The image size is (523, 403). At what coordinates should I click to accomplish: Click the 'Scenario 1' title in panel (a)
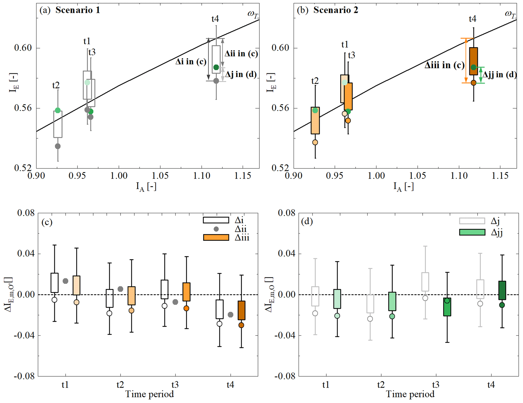[x=78, y=10]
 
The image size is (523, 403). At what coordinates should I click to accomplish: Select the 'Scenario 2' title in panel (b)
[x=336, y=10]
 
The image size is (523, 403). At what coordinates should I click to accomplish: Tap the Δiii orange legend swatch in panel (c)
[x=216, y=238]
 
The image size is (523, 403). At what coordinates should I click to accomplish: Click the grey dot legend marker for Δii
[x=216, y=229]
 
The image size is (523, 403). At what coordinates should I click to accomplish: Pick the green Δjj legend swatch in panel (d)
[x=472, y=232]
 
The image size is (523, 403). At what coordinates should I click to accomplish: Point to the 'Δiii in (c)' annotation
[x=444, y=65]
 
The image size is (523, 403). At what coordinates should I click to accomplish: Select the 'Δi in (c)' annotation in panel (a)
[x=191, y=61]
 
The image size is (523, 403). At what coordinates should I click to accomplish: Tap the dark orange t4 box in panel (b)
[x=473, y=61]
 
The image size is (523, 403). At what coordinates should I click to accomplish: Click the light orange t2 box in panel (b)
[x=315, y=120]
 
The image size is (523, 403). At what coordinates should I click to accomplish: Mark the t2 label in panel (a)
[x=56, y=85]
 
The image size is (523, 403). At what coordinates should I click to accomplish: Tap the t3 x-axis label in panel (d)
[x=435, y=385]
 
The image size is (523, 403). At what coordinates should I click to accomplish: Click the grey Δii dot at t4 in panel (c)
[x=230, y=315]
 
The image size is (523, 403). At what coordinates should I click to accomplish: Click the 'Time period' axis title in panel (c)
[x=150, y=394]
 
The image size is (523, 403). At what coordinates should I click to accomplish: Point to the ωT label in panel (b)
[x=510, y=14]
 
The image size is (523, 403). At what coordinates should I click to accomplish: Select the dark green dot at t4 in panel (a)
[x=216, y=67]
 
